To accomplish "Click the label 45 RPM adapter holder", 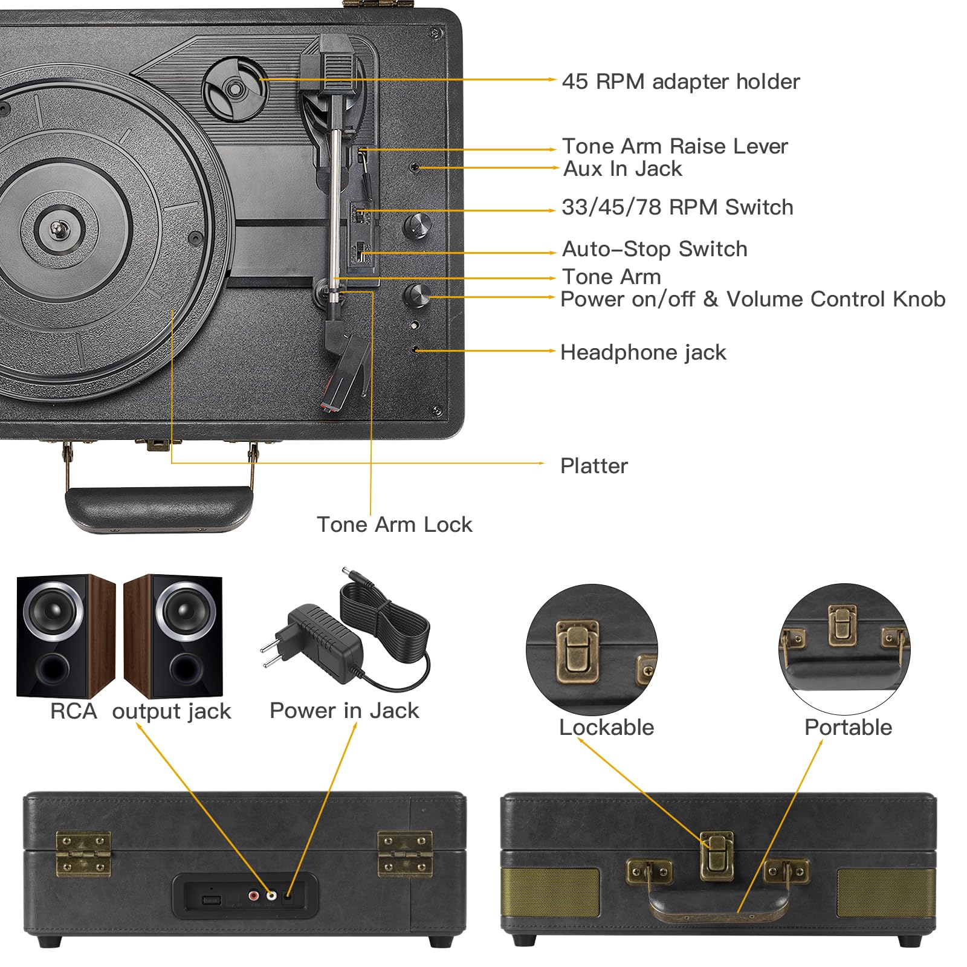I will click(681, 82).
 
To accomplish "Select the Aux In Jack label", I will click(623, 169).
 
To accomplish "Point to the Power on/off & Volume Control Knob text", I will click(752, 299).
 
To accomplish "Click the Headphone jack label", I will click(643, 352).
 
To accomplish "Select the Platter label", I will click(594, 466).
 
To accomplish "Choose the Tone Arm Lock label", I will click(394, 525).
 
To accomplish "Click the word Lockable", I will click(606, 727).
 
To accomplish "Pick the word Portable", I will click(848, 727).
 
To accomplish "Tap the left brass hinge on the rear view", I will click(83, 853).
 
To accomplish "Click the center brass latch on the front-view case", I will click(717, 855).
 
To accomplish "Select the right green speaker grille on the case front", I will click(885, 893).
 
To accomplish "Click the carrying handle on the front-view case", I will click(717, 907).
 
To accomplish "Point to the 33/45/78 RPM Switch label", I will click(677, 207).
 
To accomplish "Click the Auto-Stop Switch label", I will click(655, 249).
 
